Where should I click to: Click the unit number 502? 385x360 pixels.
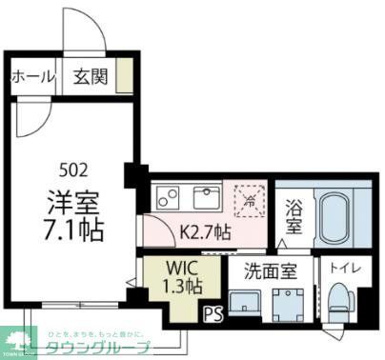(x=73, y=171)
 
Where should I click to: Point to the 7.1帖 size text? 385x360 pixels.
(x=73, y=230)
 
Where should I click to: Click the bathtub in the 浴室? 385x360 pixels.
(x=334, y=217)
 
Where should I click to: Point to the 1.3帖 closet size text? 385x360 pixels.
(x=179, y=285)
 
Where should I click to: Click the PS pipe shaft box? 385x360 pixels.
(x=211, y=310)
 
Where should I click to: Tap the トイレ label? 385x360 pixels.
(x=338, y=269)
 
